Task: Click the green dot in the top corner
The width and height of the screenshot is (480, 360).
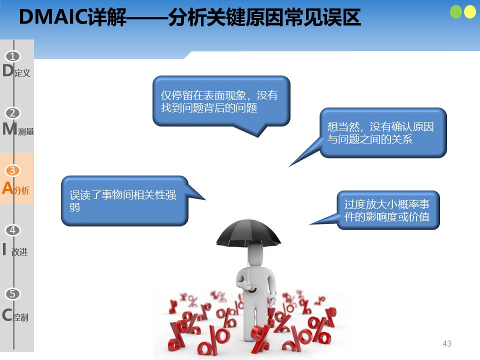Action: (456, 12)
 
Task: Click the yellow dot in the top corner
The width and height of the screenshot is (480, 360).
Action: (470, 12)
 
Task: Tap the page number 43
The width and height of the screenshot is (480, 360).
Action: (447, 343)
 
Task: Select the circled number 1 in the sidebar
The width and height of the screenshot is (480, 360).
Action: (12, 56)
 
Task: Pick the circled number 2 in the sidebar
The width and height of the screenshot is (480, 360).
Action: (12, 113)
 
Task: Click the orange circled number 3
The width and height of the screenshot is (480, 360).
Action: (12, 170)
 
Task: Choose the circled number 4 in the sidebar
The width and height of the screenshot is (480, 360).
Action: (12, 230)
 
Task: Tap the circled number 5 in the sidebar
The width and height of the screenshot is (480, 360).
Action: (12, 294)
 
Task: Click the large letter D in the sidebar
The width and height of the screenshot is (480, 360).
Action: (8, 70)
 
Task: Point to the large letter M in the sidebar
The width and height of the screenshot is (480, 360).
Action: (9, 128)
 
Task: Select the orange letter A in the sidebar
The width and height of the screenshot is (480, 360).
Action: (7, 187)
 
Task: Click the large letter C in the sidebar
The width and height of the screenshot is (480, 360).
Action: (7, 314)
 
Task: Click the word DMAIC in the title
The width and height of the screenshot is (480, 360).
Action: (53, 17)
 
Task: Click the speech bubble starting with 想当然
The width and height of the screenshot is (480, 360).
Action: (382, 133)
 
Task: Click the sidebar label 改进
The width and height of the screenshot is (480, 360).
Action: (19, 252)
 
